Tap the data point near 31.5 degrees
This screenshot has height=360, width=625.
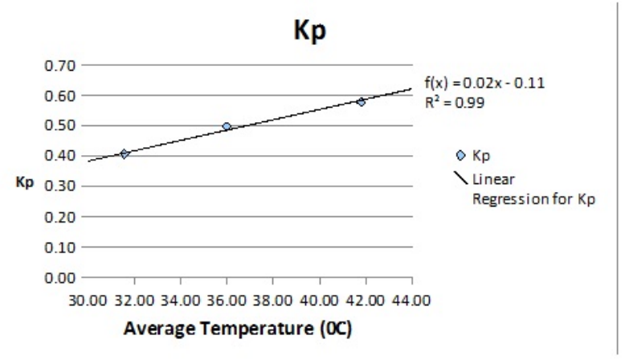(125, 153)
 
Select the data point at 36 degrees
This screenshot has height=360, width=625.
(227, 126)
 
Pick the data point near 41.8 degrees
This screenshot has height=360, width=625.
(362, 101)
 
